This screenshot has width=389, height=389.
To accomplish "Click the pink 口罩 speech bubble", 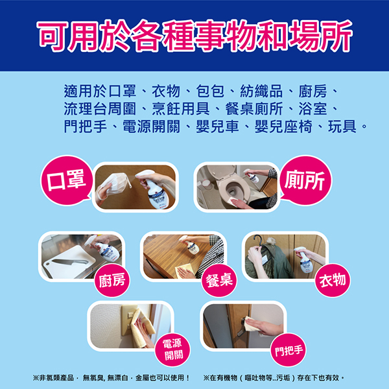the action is (67, 181).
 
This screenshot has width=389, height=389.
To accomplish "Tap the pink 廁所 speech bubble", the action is (305, 181).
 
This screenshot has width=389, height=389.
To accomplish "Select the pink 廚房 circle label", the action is (112, 280).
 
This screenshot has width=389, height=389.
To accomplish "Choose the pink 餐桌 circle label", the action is (219, 280).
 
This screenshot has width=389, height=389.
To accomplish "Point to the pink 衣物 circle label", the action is (333, 280).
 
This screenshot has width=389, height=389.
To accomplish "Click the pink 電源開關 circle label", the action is (172, 349).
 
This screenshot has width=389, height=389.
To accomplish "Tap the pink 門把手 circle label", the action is (289, 349).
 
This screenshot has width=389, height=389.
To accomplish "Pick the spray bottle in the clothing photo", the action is (303, 259).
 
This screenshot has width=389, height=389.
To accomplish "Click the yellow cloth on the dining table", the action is (185, 270).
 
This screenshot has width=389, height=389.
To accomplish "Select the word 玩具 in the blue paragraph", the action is (342, 126).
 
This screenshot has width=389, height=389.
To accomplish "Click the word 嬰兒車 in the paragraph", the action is (217, 126).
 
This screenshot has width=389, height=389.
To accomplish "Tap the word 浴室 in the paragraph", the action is (313, 109).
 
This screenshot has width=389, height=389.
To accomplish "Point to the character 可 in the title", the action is (53, 36).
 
